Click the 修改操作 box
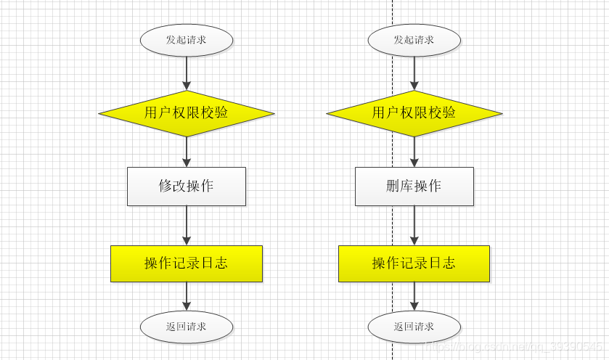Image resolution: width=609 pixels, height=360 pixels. click(x=187, y=186)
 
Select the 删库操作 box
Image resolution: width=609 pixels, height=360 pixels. click(x=414, y=186)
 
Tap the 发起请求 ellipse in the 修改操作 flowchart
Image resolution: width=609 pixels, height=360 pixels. click(x=187, y=40)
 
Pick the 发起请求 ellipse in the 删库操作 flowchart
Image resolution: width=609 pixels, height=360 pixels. click(x=414, y=40)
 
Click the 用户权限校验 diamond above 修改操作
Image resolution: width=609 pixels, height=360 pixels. click(x=187, y=112)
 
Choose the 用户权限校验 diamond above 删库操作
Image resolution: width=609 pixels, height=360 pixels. click(x=414, y=112)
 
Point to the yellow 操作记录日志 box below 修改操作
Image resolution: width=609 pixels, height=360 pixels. click(x=187, y=263)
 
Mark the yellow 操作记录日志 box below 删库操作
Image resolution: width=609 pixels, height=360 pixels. click(x=414, y=263)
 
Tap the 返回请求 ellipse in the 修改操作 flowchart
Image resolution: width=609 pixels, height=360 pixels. click(x=187, y=327)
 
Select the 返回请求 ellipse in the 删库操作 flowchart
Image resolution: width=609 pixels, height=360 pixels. click(x=414, y=327)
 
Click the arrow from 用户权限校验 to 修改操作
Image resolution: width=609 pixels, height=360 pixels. click(x=187, y=152)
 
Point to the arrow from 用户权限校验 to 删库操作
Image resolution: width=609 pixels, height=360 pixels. click(x=414, y=152)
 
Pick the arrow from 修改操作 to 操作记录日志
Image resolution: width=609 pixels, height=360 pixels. click(x=187, y=225)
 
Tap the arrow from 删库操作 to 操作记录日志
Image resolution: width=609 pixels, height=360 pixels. click(x=414, y=225)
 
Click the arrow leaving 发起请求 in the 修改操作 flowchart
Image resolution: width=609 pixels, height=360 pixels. click(x=187, y=73)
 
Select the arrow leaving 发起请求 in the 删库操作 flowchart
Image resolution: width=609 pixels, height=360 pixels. click(x=414, y=73)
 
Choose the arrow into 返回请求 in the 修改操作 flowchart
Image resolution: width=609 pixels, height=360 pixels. click(x=187, y=296)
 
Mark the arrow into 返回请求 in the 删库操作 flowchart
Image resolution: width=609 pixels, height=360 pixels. click(x=414, y=296)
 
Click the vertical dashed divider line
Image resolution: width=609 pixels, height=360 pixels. click(x=393, y=218)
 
